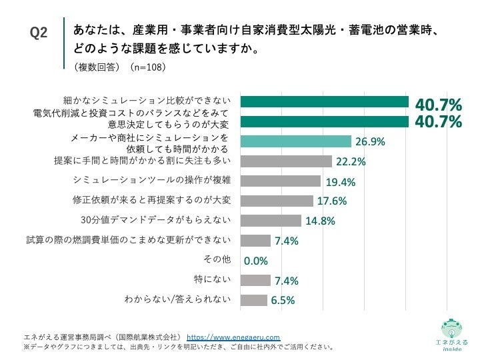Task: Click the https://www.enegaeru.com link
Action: pyautogui.click(x=233, y=337)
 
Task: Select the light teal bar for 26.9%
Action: pyautogui.click(x=295, y=141)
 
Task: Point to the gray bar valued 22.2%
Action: pyautogui.click(x=285, y=161)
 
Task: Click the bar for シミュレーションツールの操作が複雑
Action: pyautogui.click(x=280, y=181)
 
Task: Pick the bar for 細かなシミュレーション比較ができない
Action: pyautogui.click(x=324, y=102)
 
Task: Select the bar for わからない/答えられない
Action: pyautogui.click(x=253, y=300)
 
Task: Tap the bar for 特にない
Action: pyautogui.click(x=255, y=280)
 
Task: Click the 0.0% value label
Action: pyautogui.click(x=255, y=261)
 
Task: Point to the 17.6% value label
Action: pyautogui.click(x=331, y=201)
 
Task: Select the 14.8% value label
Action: pyautogui.click(x=319, y=221)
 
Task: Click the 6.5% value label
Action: pyautogui.click(x=283, y=301)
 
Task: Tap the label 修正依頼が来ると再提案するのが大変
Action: pyautogui.click(x=151, y=200)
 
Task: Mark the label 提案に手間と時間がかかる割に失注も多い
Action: pyautogui.click(x=142, y=161)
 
